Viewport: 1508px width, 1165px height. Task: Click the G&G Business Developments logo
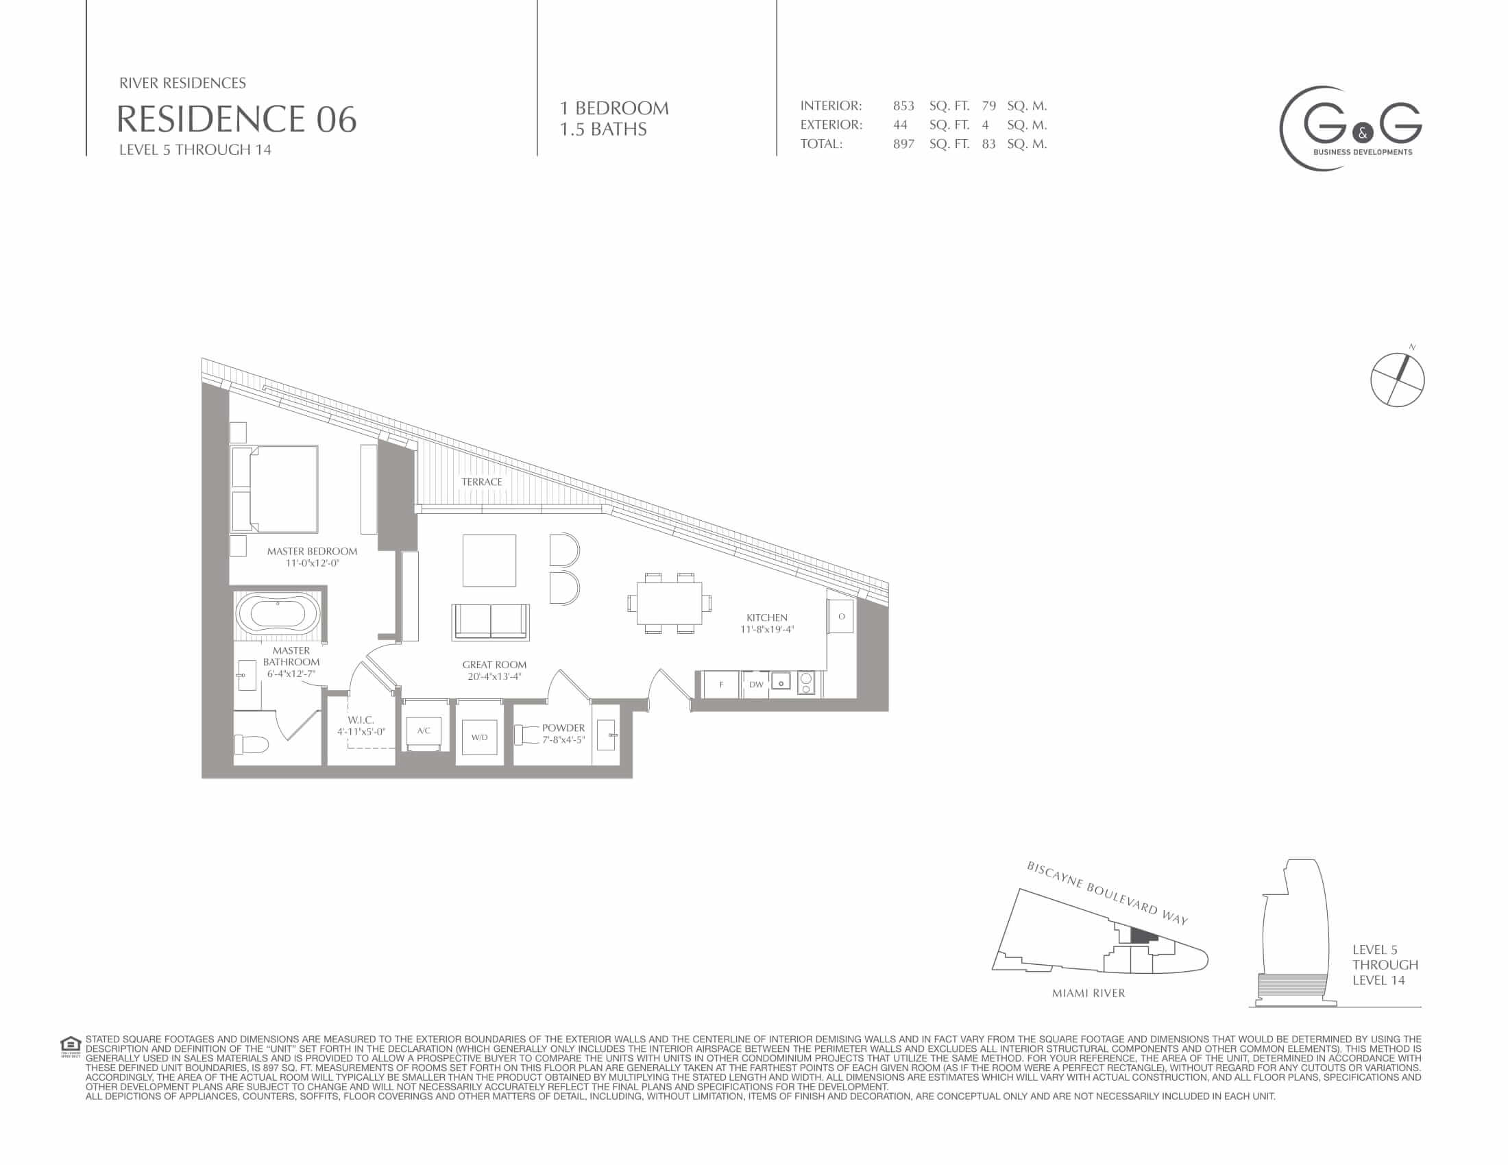pos(1350,129)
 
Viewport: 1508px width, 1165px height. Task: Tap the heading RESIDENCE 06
pos(236,119)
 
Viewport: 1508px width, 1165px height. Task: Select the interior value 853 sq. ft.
pos(931,106)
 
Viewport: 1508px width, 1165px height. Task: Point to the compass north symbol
pos(1398,378)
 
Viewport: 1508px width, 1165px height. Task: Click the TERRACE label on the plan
pos(482,482)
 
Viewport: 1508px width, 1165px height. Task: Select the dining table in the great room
pos(669,602)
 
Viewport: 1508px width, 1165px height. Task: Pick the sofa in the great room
pos(491,621)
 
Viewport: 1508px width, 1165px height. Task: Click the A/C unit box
pos(423,731)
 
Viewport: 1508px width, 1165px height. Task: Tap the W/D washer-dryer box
pos(479,737)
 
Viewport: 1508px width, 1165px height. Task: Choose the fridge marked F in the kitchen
pos(722,685)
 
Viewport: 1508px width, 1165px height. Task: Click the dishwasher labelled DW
pos(756,685)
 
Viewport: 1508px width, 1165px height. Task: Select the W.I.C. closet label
pos(361,720)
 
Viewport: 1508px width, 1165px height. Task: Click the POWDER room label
pos(563,727)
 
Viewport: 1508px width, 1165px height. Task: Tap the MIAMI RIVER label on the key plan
pos(1089,993)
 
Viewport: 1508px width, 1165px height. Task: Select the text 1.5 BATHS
pos(603,129)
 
